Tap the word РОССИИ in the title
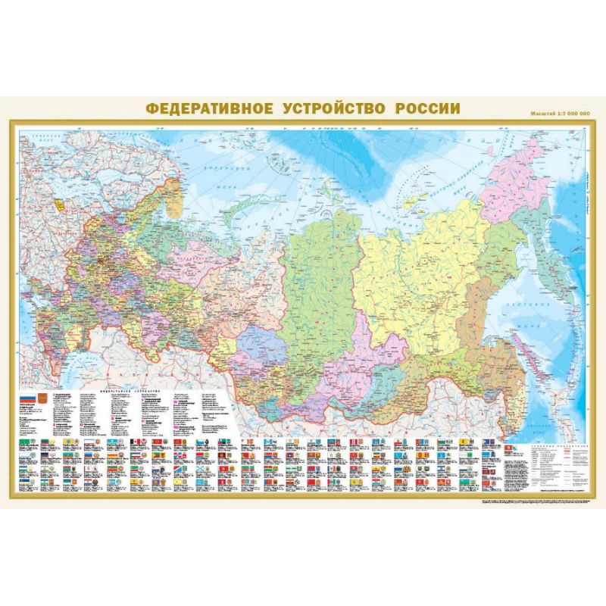pyautogui.click(x=427, y=108)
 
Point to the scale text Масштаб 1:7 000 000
pyautogui.click(x=560, y=113)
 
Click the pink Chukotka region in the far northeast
pyautogui.click(x=516, y=171)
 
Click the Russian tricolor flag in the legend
pyautogui.click(x=26, y=398)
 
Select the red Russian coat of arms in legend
pyautogui.click(x=42, y=398)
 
